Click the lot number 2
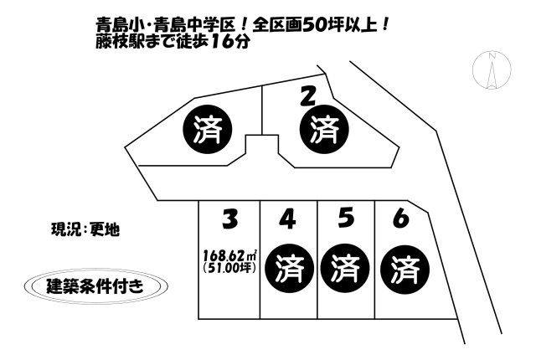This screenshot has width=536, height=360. [x=307, y=95]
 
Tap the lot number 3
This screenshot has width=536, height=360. [x=229, y=219]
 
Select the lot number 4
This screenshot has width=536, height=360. [x=287, y=219]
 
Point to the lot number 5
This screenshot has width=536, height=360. [x=346, y=219]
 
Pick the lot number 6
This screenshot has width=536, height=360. [x=401, y=219]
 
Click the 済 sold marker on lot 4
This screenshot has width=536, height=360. [x=289, y=268]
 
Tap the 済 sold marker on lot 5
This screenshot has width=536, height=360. [x=345, y=268]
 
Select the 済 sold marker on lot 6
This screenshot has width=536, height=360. [x=405, y=270]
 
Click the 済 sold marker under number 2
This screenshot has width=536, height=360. [x=324, y=129]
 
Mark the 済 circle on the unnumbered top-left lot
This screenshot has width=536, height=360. [x=208, y=129]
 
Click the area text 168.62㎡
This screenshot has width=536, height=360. [x=230, y=255]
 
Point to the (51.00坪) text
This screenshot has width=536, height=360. [x=229, y=267]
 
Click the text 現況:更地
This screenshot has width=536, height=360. [x=85, y=229]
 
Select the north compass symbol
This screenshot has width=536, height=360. [x=492, y=70]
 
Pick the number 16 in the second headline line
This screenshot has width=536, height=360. [x=223, y=42]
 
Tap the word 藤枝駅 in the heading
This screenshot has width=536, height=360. [x=118, y=42]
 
